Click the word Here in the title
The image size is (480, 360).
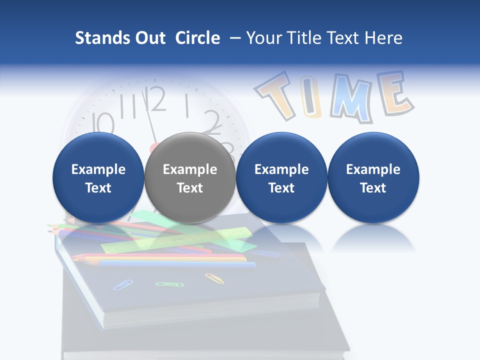coord(383,38)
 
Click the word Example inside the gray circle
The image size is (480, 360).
coord(190,169)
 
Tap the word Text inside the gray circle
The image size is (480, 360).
coord(190,188)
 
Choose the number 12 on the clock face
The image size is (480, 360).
coord(156,99)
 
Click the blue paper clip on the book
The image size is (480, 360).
coord(122,284)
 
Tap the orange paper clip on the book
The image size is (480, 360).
coord(214,278)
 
